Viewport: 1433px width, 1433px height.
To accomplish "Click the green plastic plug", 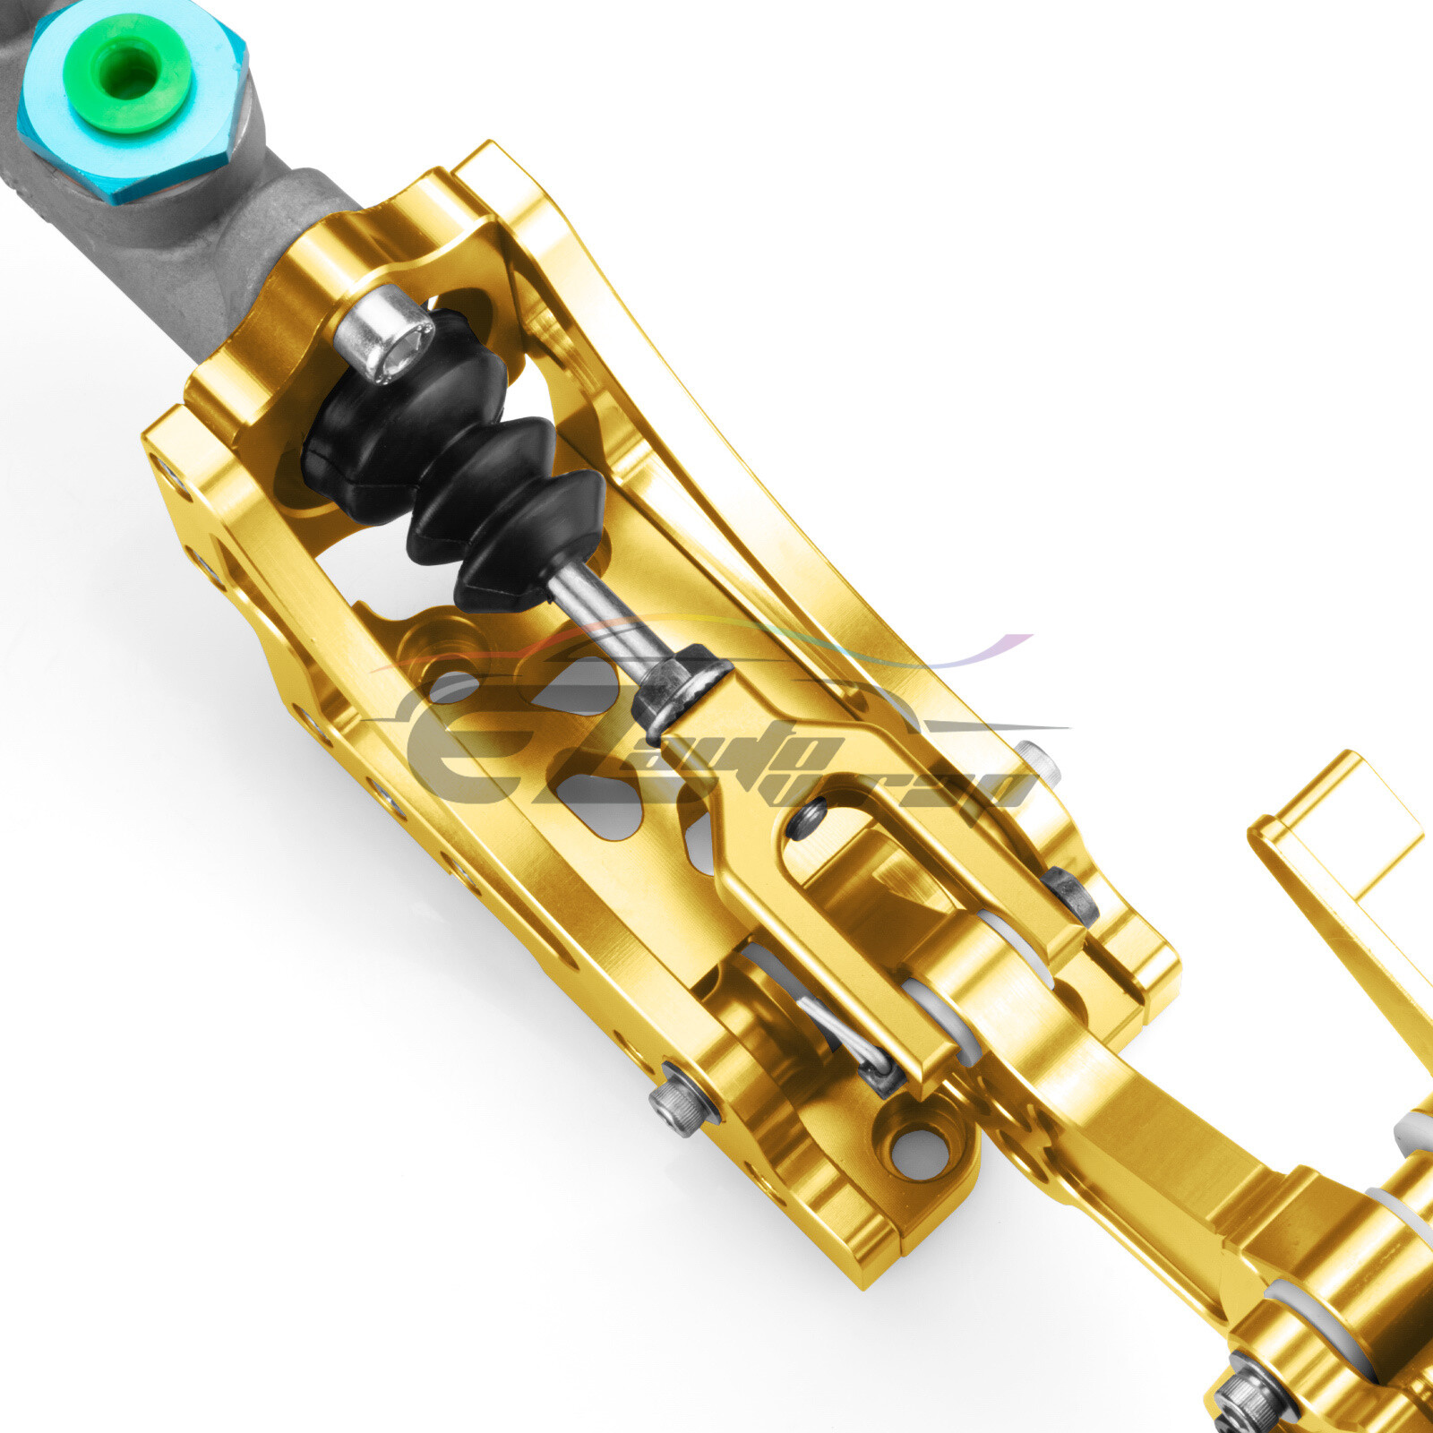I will point(128,72).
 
